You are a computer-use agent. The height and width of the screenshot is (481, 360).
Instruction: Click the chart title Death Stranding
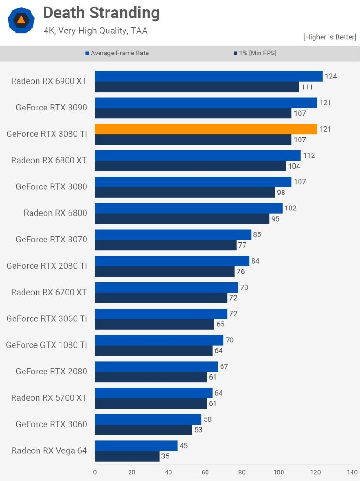[101, 13]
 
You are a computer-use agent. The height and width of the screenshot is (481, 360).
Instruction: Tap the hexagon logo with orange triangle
[21, 20]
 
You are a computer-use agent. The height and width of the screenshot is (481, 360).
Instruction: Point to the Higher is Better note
[329, 37]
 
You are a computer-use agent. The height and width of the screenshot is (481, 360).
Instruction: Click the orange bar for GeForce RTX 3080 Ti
[206, 129]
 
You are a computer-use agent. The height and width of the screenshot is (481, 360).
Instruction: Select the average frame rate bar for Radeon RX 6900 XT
[208, 76]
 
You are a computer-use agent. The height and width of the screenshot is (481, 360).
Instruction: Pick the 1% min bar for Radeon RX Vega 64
[127, 456]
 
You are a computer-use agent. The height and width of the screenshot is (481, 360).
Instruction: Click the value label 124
[331, 76]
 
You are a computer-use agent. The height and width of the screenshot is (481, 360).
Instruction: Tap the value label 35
[165, 456]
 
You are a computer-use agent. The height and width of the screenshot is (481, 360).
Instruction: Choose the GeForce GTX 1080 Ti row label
[46, 345]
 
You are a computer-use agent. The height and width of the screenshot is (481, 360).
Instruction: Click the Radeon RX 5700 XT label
[49, 397]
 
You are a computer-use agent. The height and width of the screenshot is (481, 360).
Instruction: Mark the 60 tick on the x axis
[205, 472]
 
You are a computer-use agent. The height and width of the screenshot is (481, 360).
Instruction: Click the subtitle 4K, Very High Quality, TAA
[95, 31]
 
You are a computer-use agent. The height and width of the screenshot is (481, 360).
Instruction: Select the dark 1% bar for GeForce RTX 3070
[165, 245]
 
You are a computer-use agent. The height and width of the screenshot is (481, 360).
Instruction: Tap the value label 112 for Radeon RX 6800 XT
[309, 155]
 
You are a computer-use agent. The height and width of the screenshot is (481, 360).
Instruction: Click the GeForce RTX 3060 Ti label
[46, 318]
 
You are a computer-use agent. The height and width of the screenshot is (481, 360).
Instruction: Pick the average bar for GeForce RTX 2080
[156, 366]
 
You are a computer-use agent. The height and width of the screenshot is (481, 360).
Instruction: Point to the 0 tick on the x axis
[95, 472]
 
